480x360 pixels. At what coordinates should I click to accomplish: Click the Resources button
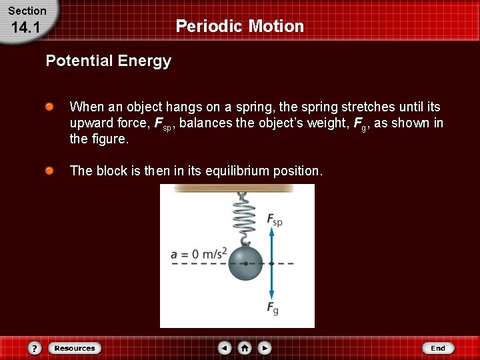tap(75, 348)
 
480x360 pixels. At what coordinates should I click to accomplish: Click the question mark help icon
tap(35, 348)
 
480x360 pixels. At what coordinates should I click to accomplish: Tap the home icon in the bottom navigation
tap(245, 348)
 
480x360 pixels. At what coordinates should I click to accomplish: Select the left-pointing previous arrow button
tap(225, 348)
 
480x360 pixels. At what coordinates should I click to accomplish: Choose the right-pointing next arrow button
tap(265, 348)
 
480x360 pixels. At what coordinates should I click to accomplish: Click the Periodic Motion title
tap(239, 27)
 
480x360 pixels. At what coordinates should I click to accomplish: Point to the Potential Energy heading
tap(108, 61)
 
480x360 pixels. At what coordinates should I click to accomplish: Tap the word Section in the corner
tap(27, 11)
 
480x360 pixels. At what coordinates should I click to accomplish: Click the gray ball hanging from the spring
tap(246, 263)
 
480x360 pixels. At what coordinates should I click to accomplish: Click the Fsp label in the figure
tap(274, 219)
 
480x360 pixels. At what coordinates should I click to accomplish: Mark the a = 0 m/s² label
tap(199, 253)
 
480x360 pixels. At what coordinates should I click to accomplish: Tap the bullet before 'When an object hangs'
tap(50, 107)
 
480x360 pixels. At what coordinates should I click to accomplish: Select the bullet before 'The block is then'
tap(50, 171)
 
